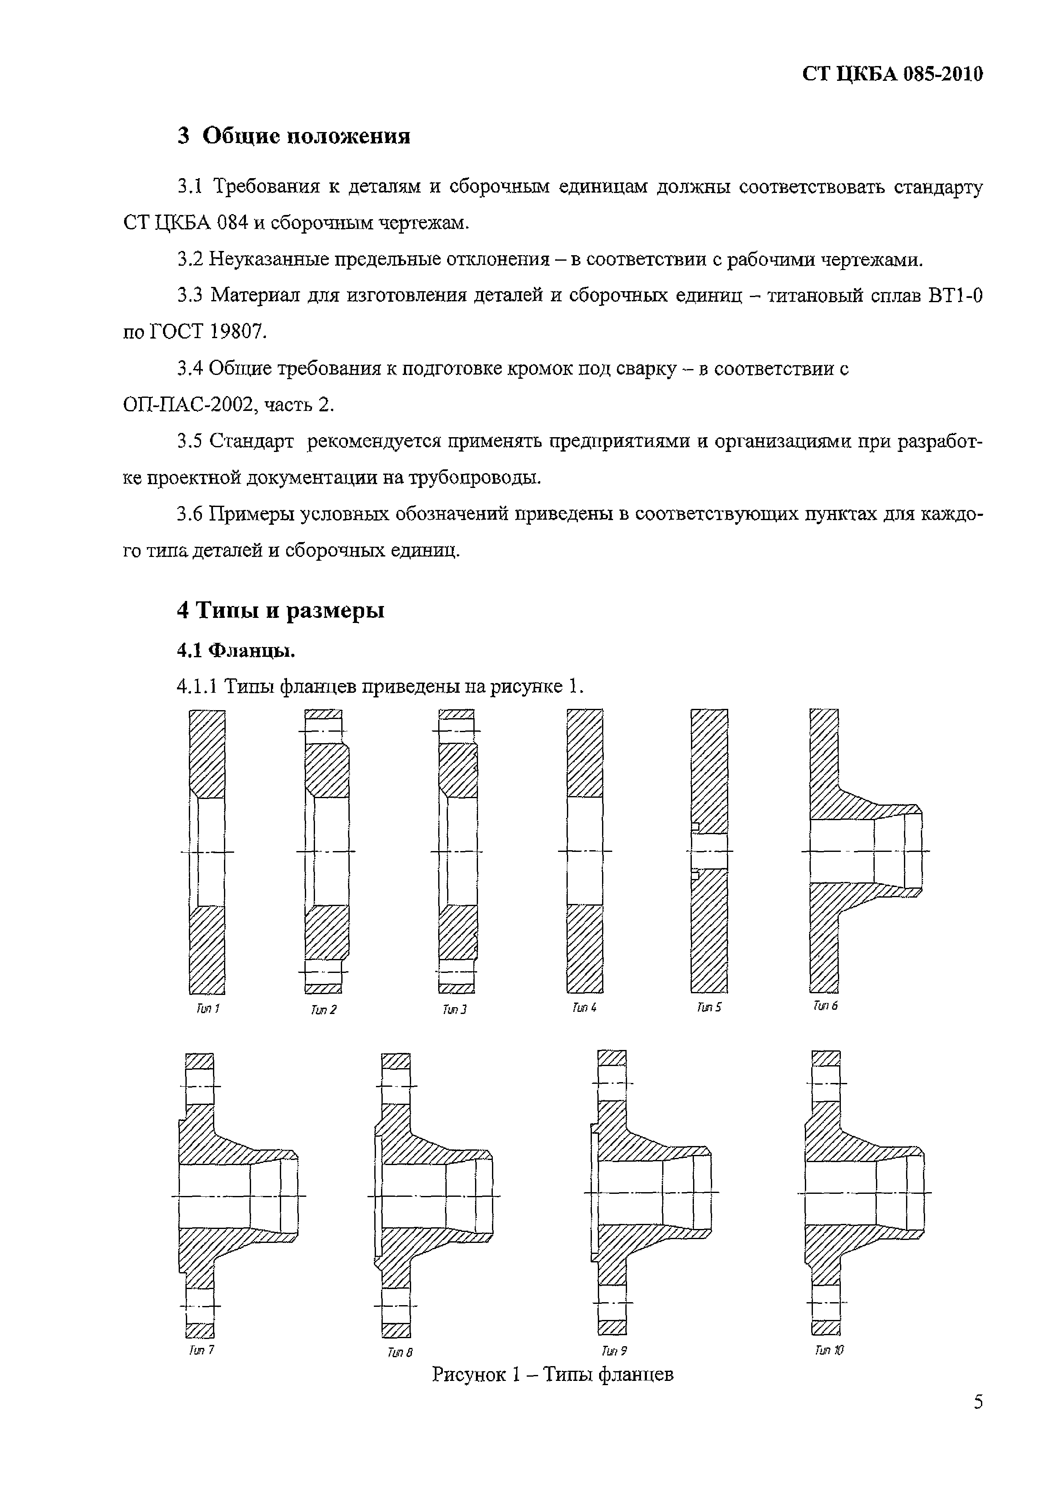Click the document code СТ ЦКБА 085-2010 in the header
[x=892, y=74]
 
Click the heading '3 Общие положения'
[x=294, y=136]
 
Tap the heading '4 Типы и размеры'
[x=281, y=610]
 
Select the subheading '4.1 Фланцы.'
[x=236, y=650]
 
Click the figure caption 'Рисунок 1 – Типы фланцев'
[x=553, y=1374]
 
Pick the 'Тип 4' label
[x=584, y=1008]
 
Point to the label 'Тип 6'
[x=826, y=1006]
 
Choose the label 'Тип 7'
[x=201, y=1350]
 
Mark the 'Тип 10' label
[x=829, y=1350]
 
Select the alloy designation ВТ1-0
[x=955, y=295]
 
